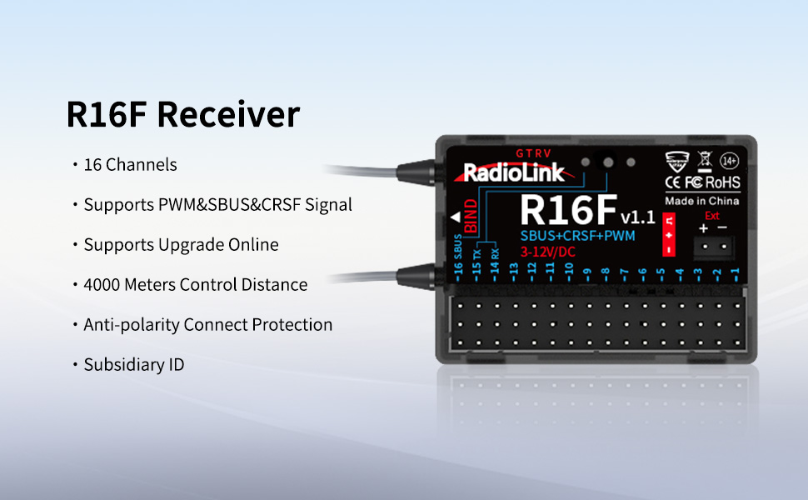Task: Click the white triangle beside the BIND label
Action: click(455, 218)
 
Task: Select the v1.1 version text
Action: click(638, 217)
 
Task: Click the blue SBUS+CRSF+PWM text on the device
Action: click(578, 236)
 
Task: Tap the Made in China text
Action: click(701, 202)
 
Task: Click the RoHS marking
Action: click(721, 182)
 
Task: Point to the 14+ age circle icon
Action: click(729, 161)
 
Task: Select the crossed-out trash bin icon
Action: click(703, 161)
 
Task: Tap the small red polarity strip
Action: click(668, 234)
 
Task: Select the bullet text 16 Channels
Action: click(131, 164)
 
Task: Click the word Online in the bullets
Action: click(252, 244)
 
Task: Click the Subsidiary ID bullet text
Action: click(134, 364)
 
